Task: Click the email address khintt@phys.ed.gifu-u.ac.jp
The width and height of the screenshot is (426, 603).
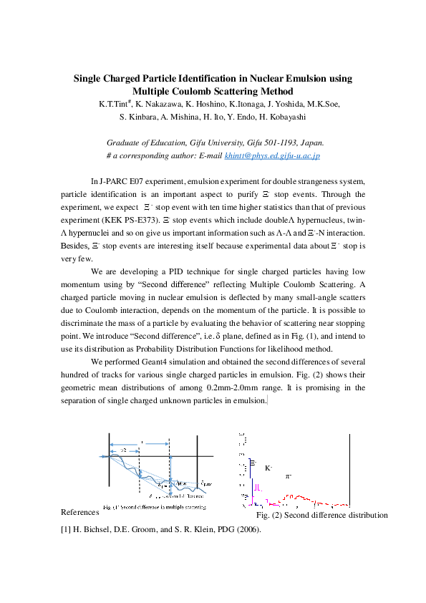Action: pos(272,155)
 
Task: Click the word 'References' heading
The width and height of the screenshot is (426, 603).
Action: pos(79,513)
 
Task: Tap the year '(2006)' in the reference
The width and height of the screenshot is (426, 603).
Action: pos(245,531)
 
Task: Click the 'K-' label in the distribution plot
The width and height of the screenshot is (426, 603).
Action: pos(268,468)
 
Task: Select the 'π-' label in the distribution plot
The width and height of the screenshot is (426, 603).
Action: pos(289,476)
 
